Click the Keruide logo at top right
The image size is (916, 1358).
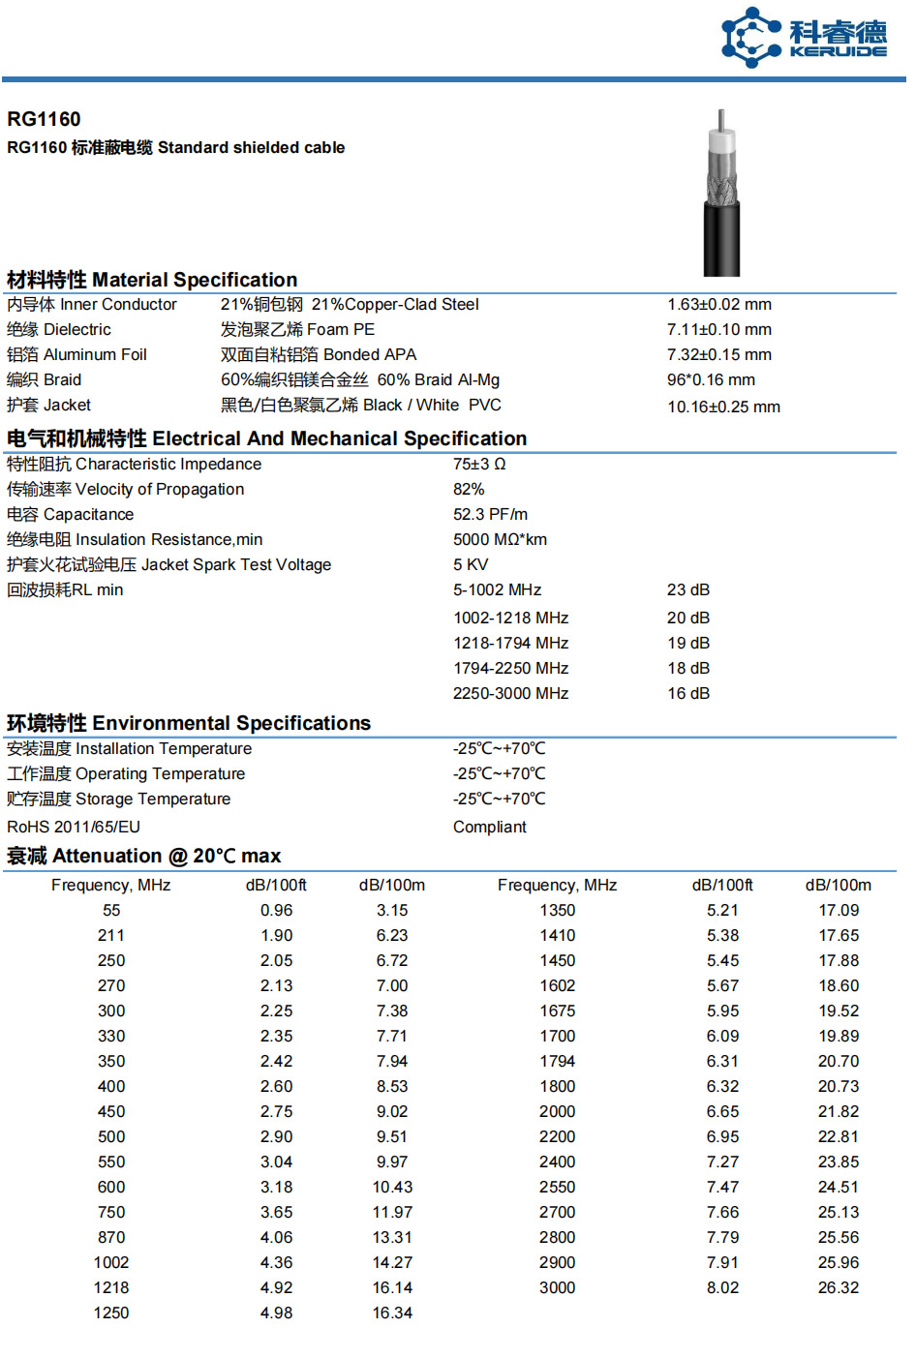click(x=804, y=38)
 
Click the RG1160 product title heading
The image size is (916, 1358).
click(x=44, y=119)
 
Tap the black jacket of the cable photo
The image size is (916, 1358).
click(x=722, y=242)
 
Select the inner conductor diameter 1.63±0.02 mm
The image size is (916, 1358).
click(x=718, y=305)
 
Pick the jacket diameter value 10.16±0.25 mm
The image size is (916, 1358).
click(x=723, y=407)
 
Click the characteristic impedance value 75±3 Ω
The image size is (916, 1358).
click(x=479, y=465)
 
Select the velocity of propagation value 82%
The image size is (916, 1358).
click(x=469, y=490)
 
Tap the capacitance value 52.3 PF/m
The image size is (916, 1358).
click(x=490, y=515)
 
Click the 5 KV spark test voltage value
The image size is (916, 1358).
click(x=471, y=565)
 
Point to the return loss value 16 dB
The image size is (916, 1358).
click(x=687, y=694)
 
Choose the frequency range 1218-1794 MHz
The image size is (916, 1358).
click(x=510, y=644)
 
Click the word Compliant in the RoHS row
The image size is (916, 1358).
click(x=489, y=828)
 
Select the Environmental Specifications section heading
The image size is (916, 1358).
click(x=189, y=723)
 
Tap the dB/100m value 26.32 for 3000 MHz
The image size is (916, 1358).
click(x=838, y=1288)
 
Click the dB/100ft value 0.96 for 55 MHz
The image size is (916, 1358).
click(x=276, y=911)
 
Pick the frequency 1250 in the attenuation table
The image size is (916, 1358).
click(x=111, y=1313)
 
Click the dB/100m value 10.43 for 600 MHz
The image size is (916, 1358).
click(x=392, y=1188)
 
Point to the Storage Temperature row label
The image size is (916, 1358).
click(x=118, y=800)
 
